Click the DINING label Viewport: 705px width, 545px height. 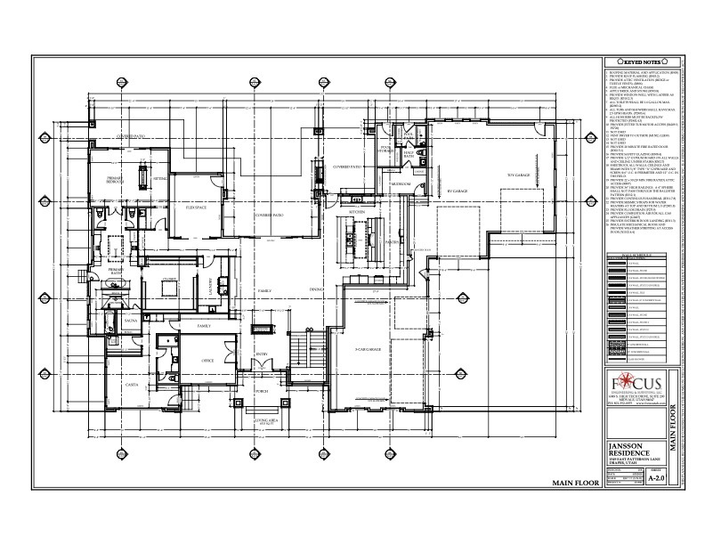[315, 290]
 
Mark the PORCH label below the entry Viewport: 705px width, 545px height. [263, 390]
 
